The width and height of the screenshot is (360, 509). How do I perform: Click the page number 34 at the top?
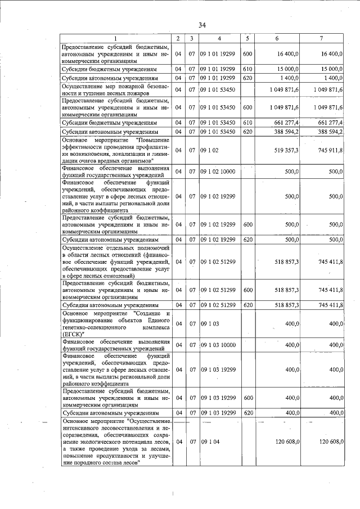tap(202, 25)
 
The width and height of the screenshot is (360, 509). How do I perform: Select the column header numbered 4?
tap(219, 38)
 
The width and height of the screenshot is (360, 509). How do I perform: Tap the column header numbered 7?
tap(321, 38)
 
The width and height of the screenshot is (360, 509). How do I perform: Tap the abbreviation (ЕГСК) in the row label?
tap(73, 334)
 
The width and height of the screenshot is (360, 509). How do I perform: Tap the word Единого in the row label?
tap(157, 319)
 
